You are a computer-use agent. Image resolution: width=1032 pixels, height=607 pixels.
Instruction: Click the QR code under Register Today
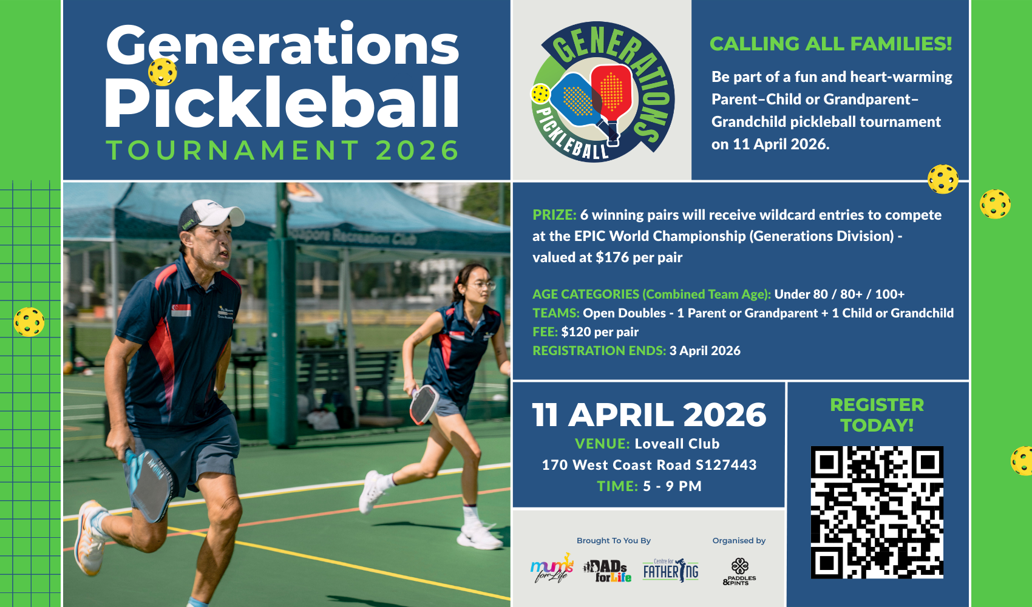coord(877,512)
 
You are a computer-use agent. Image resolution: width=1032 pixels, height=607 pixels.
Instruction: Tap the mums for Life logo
coord(552,569)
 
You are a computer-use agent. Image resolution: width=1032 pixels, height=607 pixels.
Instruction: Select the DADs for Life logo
coord(607,571)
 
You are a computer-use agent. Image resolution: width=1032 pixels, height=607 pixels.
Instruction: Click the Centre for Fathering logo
coord(671,570)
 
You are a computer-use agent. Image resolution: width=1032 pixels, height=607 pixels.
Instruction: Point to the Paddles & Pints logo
coord(739,572)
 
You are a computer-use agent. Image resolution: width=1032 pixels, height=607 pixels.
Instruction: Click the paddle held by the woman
coord(424,404)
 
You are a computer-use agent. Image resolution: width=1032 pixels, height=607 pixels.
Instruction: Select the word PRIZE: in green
coord(554,215)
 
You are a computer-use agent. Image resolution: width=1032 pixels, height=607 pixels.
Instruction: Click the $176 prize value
coord(613,257)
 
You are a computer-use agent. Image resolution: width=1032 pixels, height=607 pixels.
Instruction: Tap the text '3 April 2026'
coord(705,351)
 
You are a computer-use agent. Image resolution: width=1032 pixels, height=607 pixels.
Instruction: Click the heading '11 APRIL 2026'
coord(649,415)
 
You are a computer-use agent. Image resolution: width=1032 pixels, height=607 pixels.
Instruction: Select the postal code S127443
coord(726,465)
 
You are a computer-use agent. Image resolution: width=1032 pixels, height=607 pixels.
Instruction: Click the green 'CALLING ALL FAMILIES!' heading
coord(830,44)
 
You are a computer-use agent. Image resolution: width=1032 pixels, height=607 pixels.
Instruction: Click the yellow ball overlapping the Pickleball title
coord(162,72)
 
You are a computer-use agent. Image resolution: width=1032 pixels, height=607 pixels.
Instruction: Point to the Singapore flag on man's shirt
coord(181,310)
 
